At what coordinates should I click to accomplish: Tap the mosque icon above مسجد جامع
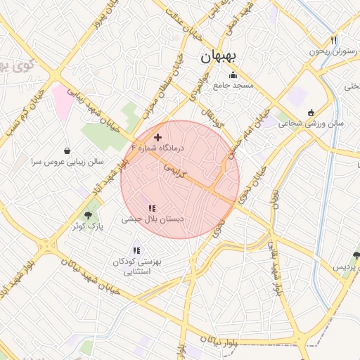[233, 75]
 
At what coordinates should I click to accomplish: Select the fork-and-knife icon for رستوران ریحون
[333, 41]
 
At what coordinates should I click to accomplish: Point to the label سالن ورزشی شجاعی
[311, 123]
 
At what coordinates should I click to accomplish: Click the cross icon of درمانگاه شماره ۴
[157, 137]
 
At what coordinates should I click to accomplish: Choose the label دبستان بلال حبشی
[153, 219]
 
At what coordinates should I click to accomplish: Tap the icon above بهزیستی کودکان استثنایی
[136, 250]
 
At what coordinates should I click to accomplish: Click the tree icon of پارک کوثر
[88, 215]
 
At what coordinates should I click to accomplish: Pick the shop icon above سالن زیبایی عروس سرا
[67, 150]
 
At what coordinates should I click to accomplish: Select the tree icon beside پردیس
[356, 256]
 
